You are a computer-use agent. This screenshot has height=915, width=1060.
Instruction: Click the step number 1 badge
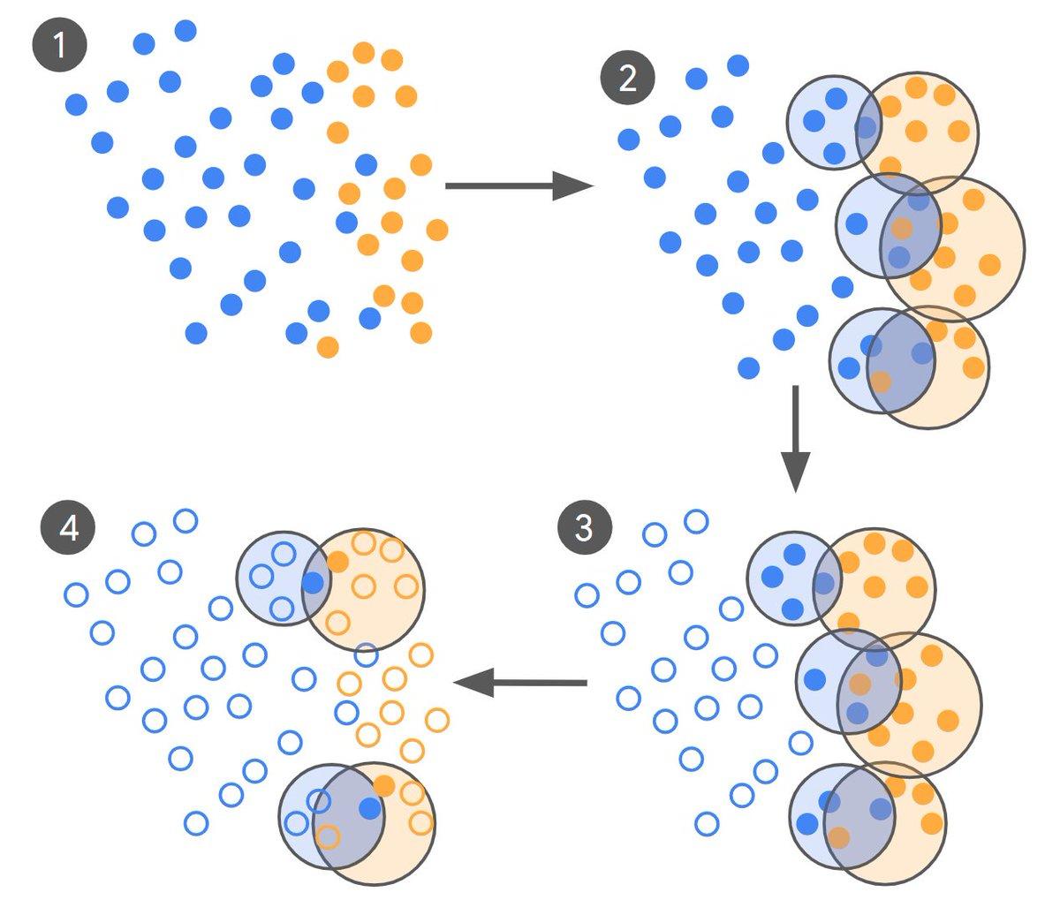pyautogui.click(x=59, y=45)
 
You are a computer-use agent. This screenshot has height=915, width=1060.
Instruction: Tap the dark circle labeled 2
pyautogui.click(x=628, y=78)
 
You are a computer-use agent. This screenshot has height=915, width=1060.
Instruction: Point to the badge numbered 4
pyautogui.click(x=68, y=526)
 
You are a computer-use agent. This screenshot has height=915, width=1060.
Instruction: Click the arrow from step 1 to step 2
pyautogui.click(x=519, y=185)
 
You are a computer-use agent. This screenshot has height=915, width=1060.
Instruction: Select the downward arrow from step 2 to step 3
pyautogui.click(x=795, y=439)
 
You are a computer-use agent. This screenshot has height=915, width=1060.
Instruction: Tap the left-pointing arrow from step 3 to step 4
pyautogui.click(x=520, y=683)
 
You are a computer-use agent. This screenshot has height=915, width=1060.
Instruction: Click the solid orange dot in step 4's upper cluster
pyautogui.click(x=337, y=562)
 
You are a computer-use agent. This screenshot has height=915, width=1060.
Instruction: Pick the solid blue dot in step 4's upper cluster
pyautogui.click(x=313, y=583)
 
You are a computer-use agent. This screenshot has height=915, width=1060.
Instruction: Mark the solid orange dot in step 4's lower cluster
pyautogui.click(x=383, y=785)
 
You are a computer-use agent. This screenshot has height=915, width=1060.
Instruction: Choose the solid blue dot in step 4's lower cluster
pyautogui.click(x=370, y=809)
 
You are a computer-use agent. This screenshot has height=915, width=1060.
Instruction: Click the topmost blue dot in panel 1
pyautogui.click(x=185, y=31)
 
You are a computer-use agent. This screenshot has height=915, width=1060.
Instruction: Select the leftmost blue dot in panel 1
pyautogui.click(x=77, y=104)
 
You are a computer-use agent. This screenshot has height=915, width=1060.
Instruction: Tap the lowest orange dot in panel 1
pyautogui.click(x=329, y=347)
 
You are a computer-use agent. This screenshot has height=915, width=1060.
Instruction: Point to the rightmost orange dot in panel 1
pyautogui.click(x=437, y=230)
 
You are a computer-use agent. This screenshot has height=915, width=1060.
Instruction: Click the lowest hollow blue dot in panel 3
pyautogui.click(x=707, y=824)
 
